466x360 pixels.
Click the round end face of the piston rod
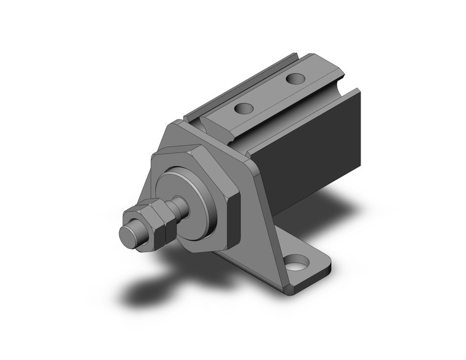[x=130, y=235]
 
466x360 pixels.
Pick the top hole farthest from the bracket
[x=296, y=79]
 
